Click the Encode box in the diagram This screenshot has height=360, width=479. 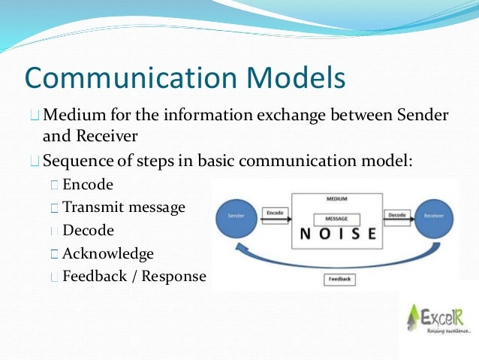click(276, 214)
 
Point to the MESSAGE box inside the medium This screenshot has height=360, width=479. click(336, 219)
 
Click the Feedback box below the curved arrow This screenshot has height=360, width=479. click(339, 280)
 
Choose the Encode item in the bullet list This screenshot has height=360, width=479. click(87, 184)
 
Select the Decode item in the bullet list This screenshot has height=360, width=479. click(88, 230)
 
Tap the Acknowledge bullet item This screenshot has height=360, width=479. click(108, 253)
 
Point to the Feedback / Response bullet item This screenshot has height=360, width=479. click(134, 277)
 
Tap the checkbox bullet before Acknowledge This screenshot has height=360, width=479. click(54, 254)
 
